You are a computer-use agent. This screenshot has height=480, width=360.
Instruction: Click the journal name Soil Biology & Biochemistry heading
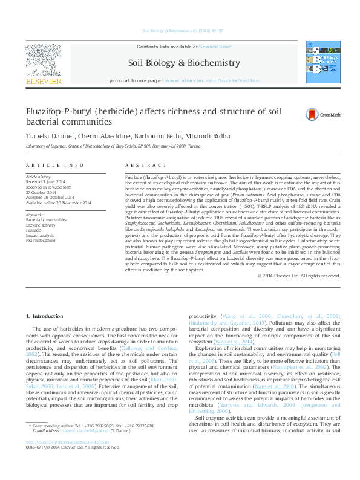184,63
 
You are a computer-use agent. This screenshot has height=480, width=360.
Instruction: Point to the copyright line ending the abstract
299,276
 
